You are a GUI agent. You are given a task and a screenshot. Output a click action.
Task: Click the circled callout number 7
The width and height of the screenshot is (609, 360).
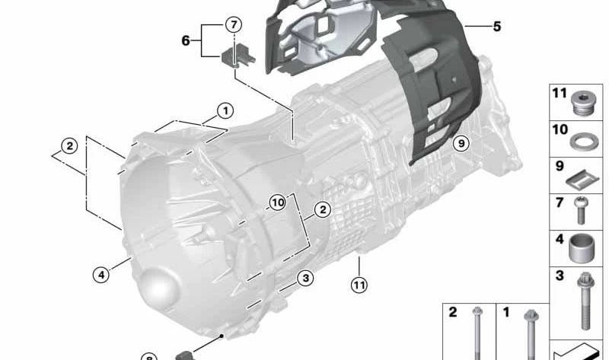click(234, 25)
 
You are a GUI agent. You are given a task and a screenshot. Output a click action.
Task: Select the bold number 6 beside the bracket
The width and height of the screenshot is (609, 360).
click(186, 40)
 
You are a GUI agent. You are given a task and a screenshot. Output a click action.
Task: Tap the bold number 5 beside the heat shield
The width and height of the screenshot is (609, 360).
click(497, 27)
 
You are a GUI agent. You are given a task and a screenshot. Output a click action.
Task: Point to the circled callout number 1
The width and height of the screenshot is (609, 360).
click(225, 111)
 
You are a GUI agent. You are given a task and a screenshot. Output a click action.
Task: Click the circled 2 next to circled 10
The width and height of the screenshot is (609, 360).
click(322, 210)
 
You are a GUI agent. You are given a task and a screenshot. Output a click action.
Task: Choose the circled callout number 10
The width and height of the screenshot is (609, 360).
click(278, 202)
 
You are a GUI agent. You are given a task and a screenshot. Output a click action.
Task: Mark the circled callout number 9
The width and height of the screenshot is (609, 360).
click(461, 144)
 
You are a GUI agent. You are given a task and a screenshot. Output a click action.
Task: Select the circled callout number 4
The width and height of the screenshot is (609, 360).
click(101, 275)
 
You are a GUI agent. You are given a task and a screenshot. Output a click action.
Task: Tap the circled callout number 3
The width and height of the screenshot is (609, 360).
click(305, 278)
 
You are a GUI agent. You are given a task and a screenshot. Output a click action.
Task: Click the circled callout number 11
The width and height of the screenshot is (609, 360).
click(359, 285)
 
